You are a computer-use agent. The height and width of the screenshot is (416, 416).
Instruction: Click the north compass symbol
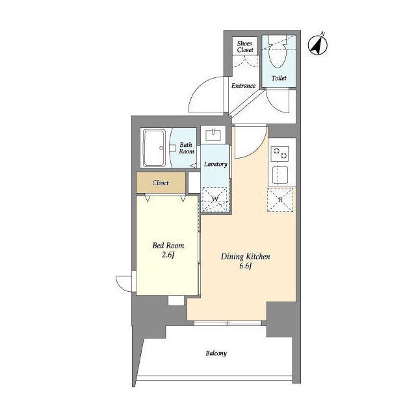318,45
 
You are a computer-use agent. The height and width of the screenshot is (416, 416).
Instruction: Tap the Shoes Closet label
245,46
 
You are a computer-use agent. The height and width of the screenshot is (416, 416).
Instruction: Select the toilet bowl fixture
277,52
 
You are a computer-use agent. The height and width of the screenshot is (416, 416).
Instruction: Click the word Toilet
279,78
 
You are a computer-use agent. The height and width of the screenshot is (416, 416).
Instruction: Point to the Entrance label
243,86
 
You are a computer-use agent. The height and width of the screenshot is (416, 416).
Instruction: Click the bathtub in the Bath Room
154,148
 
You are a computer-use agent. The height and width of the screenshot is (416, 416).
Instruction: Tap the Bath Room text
187,148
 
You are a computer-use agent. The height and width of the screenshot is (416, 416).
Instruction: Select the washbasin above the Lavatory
213,135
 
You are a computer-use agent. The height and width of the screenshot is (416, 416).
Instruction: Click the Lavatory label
215,164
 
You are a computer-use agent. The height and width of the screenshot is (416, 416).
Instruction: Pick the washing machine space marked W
215,199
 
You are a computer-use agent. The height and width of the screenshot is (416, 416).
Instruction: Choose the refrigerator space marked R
280,200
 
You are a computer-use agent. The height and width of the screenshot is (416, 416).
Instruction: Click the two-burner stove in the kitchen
279,153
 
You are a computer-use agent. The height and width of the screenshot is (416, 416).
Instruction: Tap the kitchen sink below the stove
280,175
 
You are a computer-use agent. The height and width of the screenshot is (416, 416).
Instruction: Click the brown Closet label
161,183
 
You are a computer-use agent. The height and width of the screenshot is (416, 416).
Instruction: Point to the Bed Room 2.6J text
168,250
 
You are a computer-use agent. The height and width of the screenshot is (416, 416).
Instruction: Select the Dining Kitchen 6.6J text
246,261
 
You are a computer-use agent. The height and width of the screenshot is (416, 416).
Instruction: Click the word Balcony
216,354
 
